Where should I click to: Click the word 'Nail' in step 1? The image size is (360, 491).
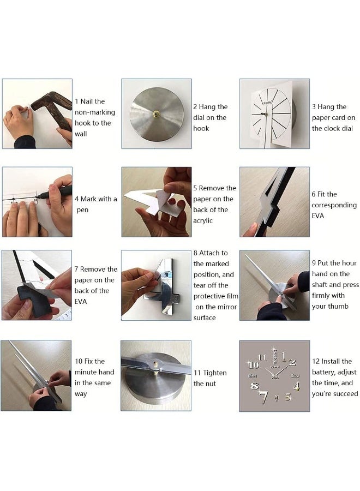point(86,101)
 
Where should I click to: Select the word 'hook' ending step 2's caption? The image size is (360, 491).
point(201,128)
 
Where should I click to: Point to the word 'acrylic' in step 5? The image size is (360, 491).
point(203,220)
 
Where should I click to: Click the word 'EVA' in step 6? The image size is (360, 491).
point(318,215)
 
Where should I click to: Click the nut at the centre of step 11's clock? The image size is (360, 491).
point(155,364)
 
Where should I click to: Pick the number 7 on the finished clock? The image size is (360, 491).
point(264,397)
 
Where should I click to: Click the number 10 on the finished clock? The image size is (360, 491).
point(254,365)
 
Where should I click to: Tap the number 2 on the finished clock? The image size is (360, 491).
point(292,362)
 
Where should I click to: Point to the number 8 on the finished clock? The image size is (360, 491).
point(255,386)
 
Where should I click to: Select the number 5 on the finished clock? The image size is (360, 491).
point(288,397)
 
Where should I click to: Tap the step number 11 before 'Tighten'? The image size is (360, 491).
point(197,373)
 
